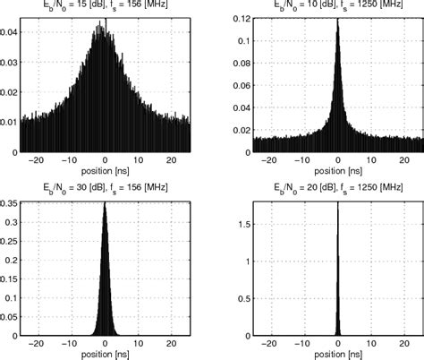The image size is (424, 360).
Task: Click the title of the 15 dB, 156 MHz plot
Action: pos(106,4)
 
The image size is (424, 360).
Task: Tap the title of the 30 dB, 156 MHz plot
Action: pos(106,187)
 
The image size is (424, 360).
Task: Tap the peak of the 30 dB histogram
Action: pos(106,203)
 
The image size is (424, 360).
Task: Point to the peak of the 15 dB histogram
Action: pos(104,24)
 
